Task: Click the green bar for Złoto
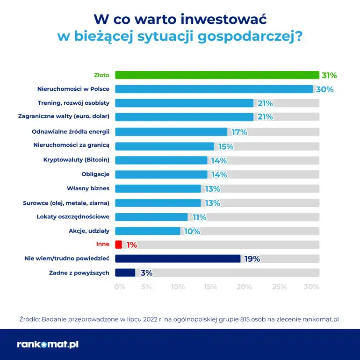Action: [x=217, y=75]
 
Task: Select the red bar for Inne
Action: [x=118, y=245]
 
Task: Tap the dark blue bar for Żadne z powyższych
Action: [x=125, y=273]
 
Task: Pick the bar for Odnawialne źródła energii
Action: [x=171, y=132]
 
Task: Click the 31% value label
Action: [x=329, y=75]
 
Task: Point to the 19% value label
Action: [x=252, y=259]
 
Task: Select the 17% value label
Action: [x=239, y=132]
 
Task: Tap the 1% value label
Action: [x=131, y=245]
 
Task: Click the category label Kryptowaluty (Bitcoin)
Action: [x=76, y=160]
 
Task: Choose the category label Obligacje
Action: [x=95, y=174]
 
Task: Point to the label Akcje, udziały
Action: [x=89, y=230]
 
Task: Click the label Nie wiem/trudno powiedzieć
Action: [x=67, y=259]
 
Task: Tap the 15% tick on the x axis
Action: [x=210, y=287]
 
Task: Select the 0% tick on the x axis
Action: [x=120, y=287]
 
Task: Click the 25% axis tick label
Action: [x=279, y=287]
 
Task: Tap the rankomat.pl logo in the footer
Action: [x=48, y=345]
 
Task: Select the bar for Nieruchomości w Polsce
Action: [x=214, y=89]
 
